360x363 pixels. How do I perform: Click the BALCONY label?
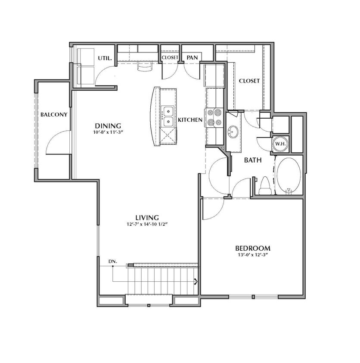coord(54,114)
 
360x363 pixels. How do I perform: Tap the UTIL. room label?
coord(105,58)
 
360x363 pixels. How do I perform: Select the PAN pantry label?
coord(192,57)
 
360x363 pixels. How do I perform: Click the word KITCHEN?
coord(190,120)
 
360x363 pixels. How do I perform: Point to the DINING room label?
coord(108,126)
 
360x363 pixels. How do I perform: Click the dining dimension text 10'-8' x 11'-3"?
coord(108,132)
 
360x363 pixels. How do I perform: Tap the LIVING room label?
coord(147,218)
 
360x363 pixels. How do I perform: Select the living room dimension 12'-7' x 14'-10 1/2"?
coord(147,225)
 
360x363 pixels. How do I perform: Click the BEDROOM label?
coord(253,249)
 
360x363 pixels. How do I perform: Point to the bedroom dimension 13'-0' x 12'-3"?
coord(253,255)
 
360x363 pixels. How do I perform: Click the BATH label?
coord(253,160)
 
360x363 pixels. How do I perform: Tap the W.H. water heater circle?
coord(280,144)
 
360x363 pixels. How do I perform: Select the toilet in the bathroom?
coord(265,186)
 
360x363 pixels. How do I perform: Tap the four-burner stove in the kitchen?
coord(214,117)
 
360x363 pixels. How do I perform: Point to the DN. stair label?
coord(113,261)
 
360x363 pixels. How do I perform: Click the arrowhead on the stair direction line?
coord(196,282)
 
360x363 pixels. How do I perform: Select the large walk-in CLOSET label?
coord(249,81)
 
